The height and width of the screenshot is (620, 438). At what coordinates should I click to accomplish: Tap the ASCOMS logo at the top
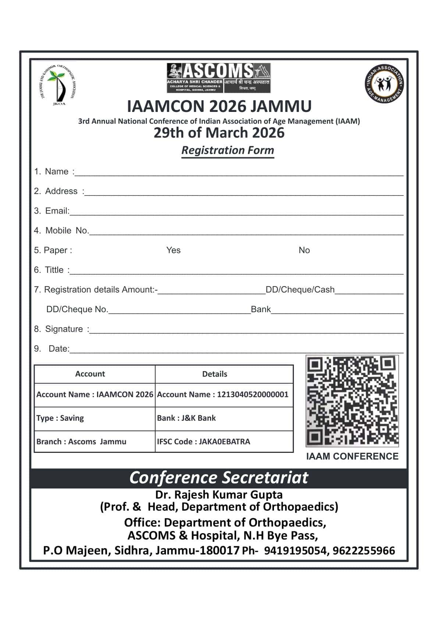pyautogui.click(x=218, y=77)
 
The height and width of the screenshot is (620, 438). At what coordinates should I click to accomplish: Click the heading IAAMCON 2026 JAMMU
pyautogui.click(x=219, y=106)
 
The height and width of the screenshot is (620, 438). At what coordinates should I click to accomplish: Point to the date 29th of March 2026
pyautogui.click(x=219, y=133)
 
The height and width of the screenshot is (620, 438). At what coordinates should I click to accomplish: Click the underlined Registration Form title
pyautogui.click(x=228, y=150)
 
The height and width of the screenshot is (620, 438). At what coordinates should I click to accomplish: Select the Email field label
pyautogui.click(x=57, y=211)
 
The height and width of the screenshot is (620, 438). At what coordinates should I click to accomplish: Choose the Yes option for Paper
pyautogui.click(x=173, y=250)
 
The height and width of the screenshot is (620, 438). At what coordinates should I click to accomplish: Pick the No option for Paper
pyautogui.click(x=304, y=250)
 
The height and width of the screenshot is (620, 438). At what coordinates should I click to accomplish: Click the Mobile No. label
pyautogui.click(x=67, y=231)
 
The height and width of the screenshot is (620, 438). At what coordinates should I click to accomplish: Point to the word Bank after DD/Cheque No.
pyautogui.click(x=261, y=309)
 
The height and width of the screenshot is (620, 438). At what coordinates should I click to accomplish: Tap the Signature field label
pyautogui.click(x=64, y=329)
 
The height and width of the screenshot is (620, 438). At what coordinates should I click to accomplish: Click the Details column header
pyautogui.click(x=215, y=374)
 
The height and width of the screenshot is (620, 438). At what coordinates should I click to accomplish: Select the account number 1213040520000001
pyautogui.click(x=253, y=395)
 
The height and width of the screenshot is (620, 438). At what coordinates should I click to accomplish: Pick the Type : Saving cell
pyautogui.click(x=60, y=418)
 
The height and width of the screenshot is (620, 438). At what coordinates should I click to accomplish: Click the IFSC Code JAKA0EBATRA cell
pyautogui.click(x=204, y=442)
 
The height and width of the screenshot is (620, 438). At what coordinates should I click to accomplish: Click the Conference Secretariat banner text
pyautogui.click(x=219, y=478)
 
